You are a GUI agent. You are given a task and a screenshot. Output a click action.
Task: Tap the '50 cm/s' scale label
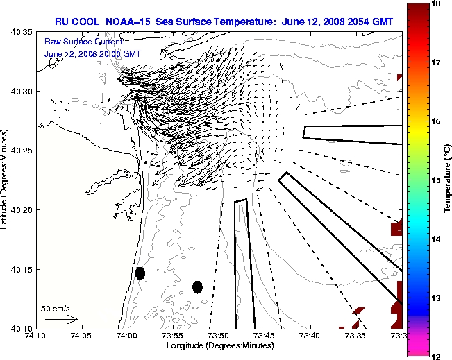tap(56, 308)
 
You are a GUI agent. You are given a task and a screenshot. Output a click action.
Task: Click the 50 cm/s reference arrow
tap(61, 320)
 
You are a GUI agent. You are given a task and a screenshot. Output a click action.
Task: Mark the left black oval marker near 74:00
tap(140, 273)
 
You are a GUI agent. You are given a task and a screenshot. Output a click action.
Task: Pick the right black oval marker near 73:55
tap(197, 286)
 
